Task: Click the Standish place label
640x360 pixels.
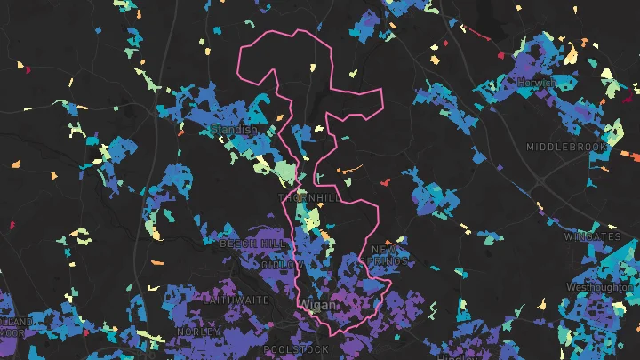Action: coord(234,130)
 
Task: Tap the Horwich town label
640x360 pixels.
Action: coord(538,83)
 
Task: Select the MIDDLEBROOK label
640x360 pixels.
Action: coord(566,147)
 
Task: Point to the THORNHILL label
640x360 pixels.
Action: coord(308,197)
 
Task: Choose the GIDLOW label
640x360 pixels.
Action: coord(283,265)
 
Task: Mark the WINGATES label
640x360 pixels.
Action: coord(593,237)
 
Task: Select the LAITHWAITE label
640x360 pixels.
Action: coord(236,300)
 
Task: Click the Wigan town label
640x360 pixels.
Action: coord(319,305)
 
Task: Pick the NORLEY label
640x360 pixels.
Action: coord(198,331)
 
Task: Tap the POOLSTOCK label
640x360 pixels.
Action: coord(296,350)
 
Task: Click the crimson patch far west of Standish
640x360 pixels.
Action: coord(26,68)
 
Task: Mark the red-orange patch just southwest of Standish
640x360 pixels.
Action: coord(182,133)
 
